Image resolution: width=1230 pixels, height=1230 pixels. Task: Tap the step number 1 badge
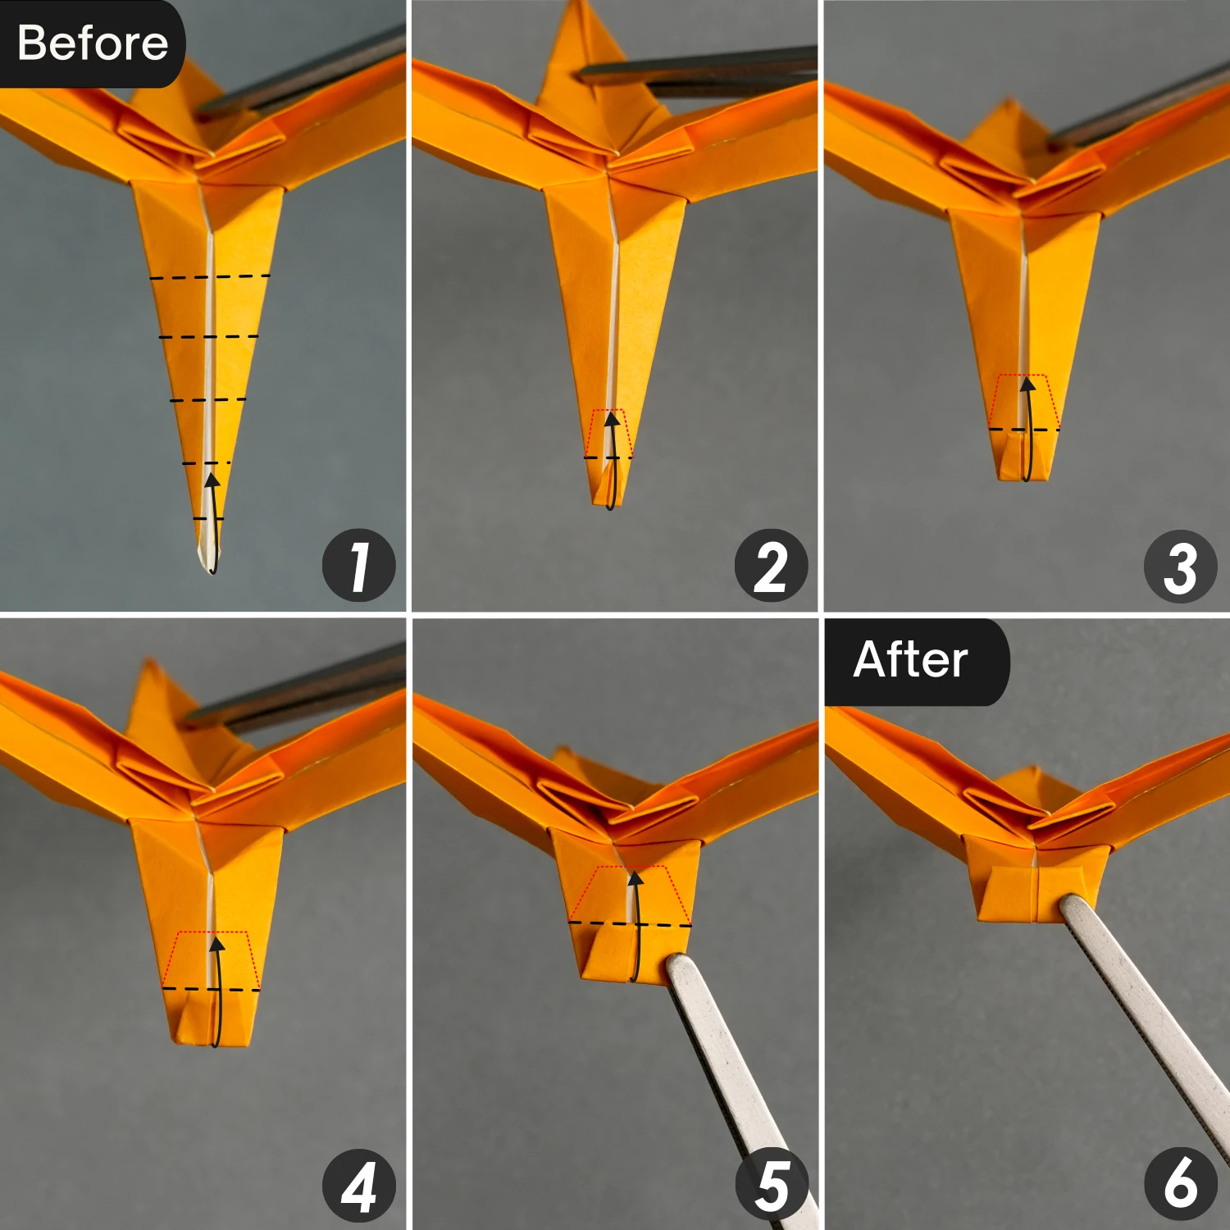tap(358, 566)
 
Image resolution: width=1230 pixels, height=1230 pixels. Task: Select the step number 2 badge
tap(771, 566)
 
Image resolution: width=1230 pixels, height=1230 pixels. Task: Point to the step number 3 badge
tap(1180, 567)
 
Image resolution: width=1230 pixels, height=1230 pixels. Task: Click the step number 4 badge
tap(358, 1186)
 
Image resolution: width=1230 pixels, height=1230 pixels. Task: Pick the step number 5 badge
tap(771, 1186)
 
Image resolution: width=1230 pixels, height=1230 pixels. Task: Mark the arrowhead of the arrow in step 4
tap(216, 945)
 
